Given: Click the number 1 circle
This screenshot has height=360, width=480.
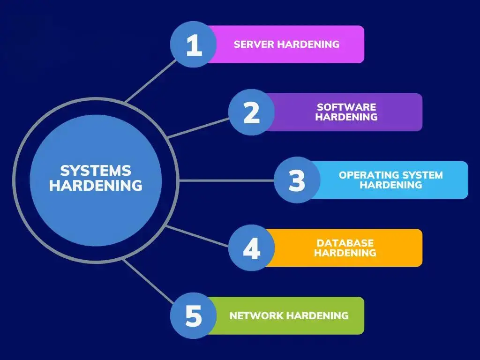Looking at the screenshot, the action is click(x=194, y=45).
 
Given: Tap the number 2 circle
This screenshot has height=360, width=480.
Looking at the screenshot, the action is click(x=251, y=112).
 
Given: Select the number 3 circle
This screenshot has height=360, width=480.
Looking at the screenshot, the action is click(x=297, y=180).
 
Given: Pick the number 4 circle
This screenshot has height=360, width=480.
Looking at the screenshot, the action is click(x=251, y=247).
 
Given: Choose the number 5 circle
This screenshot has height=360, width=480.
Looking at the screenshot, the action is click(x=194, y=315).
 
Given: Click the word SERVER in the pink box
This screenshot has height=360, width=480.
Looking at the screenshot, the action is click(x=254, y=45).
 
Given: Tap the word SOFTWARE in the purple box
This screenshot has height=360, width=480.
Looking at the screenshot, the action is click(x=346, y=107).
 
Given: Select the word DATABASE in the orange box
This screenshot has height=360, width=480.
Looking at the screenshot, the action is click(x=345, y=243).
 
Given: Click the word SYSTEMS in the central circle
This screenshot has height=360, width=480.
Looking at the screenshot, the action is click(x=96, y=171).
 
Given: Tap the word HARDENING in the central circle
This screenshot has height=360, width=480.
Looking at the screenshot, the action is click(x=96, y=186).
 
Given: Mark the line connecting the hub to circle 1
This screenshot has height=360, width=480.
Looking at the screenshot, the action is click(x=151, y=81).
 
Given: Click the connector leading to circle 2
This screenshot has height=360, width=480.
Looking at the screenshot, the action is click(x=198, y=128).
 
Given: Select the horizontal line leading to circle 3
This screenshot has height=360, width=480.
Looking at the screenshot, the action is click(x=226, y=180).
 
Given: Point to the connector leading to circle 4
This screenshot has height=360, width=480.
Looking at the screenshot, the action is click(x=197, y=236).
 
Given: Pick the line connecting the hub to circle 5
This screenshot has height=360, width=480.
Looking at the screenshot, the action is click(x=148, y=281).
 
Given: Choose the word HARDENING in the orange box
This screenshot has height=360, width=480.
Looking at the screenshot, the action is click(x=345, y=253).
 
